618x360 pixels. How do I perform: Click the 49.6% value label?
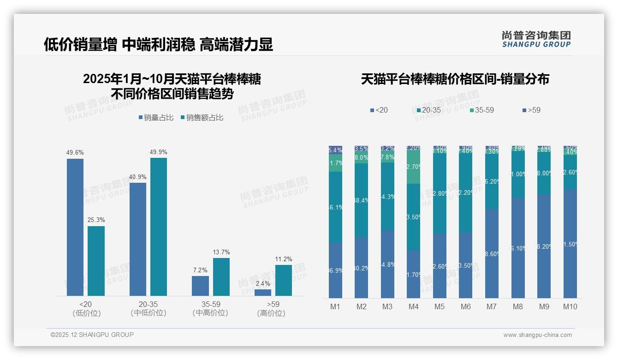pos(75,153)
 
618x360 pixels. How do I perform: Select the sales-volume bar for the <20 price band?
pos(75,227)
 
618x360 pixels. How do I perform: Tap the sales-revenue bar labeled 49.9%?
pos(159,227)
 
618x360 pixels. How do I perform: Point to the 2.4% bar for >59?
pos(263,293)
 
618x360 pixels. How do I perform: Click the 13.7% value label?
pos(221,252)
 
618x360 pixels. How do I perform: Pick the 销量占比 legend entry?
pos(156,118)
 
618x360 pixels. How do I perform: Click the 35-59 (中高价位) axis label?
pos(211,309)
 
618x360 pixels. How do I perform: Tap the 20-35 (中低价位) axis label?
pos(149,309)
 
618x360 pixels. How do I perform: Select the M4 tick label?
pos(413,306)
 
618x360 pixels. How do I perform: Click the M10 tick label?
pos(570,306)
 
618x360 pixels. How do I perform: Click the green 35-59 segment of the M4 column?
pos(413,167)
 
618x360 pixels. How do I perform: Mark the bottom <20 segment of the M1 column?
pos(336,270)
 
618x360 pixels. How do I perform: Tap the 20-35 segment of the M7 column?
pos(492,181)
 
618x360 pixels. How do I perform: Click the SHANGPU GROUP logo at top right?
pos(536,39)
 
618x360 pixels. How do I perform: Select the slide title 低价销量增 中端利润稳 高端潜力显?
pos(158,44)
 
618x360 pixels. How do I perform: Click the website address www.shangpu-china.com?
pos(537,335)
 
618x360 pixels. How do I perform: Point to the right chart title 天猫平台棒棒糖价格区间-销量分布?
pos(455,79)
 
